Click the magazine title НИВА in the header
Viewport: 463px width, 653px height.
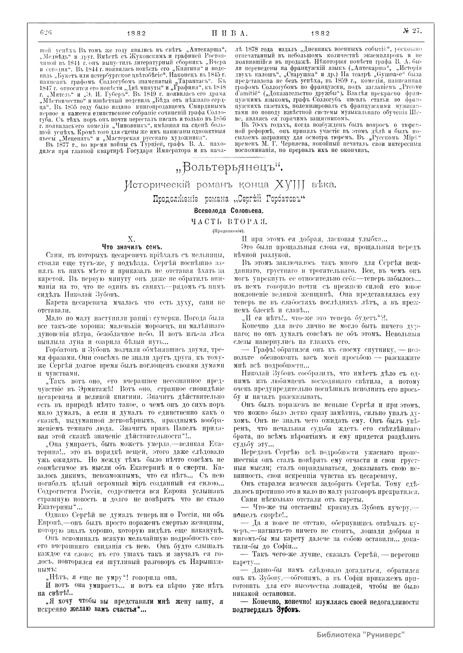pos(230,33)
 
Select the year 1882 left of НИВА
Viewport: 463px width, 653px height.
pos(136,33)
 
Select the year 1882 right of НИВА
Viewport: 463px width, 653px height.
pos(320,33)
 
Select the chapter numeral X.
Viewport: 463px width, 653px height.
pos(130,239)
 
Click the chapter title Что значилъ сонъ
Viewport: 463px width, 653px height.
pos(130,246)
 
